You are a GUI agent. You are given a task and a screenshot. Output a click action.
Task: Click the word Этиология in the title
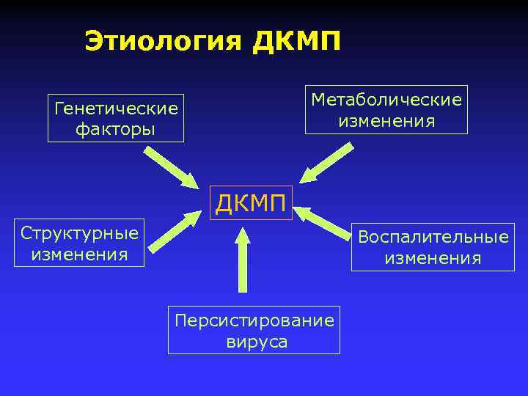click(x=162, y=41)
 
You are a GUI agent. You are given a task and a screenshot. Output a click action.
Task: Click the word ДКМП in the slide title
click(x=296, y=41)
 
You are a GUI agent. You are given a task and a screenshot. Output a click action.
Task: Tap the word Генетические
click(x=116, y=109)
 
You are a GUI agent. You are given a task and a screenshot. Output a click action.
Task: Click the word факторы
click(x=116, y=129)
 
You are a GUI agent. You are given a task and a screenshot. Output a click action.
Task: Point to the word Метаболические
click(x=386, y=99)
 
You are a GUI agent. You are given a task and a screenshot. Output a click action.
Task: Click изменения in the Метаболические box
click(x=386, y=120)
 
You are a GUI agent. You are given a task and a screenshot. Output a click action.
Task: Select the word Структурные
click(x=80, y=234)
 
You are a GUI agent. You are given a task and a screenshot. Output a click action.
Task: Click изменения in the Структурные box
click(x=80, y=254)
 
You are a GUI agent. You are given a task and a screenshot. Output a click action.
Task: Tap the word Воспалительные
click(x=433, y=238)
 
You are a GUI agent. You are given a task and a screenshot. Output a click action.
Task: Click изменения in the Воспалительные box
click(x=433, y=258)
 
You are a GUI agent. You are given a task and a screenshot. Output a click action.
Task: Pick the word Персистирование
click(x=254, y=320)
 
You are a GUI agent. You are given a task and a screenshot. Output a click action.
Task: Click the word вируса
click(x=254, y=342)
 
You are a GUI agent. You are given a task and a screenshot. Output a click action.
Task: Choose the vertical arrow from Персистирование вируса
click(x=243, y=260)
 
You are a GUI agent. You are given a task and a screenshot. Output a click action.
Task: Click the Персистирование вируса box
click(x=254, y=331)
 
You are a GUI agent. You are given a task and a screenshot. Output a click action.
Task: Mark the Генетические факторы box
click(x=116, y=118)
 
